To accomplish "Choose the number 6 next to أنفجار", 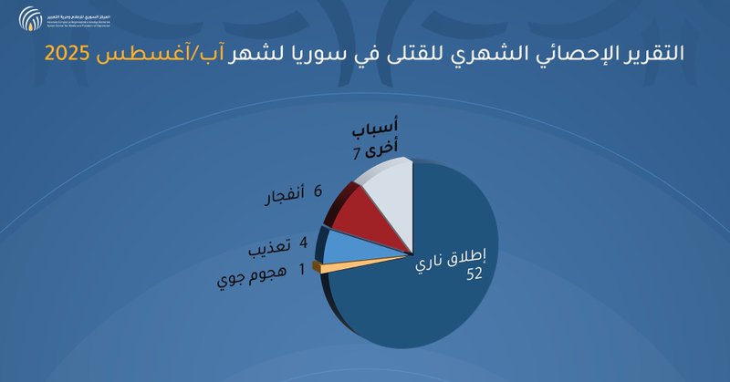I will point(318,193).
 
